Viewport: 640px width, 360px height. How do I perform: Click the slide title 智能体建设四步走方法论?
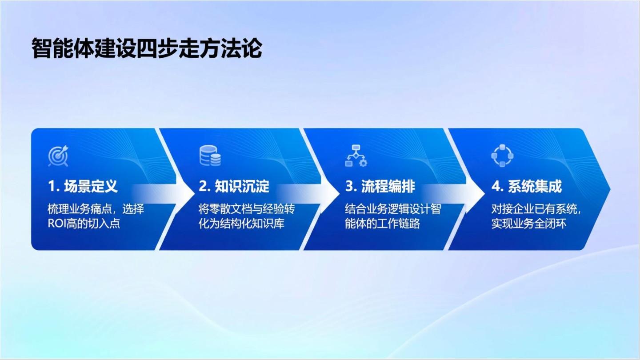147,48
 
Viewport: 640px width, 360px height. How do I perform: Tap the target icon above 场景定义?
58,156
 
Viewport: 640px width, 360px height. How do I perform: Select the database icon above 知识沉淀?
210,156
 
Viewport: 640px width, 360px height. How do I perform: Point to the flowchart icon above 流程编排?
356,156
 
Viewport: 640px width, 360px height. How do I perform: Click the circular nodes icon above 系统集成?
502,156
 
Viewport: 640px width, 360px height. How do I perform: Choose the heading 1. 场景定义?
83,186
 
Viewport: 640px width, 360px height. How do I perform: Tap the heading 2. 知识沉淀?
234,186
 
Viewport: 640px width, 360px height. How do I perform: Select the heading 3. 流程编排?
380,186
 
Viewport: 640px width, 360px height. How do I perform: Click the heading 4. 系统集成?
527,186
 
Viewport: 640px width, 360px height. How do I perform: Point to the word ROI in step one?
57,224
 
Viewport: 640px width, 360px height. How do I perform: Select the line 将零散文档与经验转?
247,209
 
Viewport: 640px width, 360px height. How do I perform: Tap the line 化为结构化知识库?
241,224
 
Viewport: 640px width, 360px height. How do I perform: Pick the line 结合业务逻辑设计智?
393,209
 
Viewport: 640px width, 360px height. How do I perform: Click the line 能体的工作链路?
383,224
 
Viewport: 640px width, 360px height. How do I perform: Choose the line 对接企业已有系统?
534,209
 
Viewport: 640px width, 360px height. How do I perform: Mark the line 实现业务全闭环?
529,224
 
